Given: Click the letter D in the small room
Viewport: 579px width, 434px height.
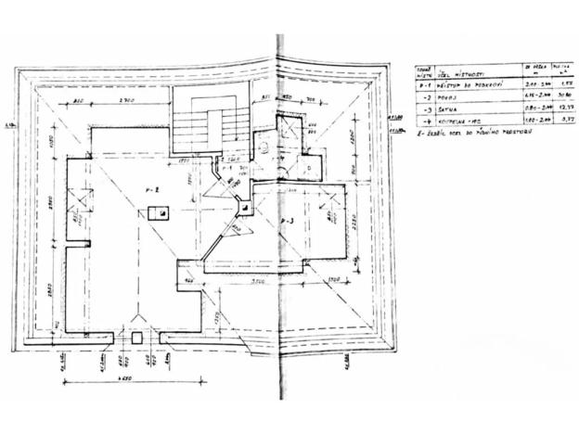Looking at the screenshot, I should (309, 168).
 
